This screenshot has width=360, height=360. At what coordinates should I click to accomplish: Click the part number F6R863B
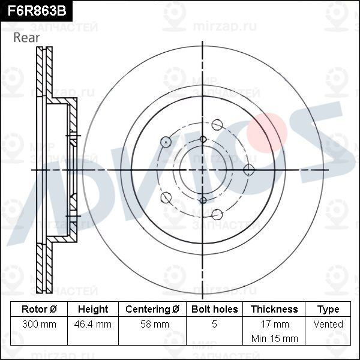pyautogui.click(x=37, y=11)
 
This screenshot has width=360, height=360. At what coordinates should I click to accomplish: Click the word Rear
pyautogui.click(x=26, y=38)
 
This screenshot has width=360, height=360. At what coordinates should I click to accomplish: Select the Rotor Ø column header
pyautogui.click(x=39, y=309)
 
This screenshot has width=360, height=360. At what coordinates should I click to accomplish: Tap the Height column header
pyautogui.click(x=93, y=309)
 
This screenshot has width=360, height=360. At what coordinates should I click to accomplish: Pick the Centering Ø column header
pyautogui.click(x=152, y=309)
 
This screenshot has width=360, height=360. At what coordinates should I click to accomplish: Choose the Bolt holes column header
pyautogui.click(x=214, y=309)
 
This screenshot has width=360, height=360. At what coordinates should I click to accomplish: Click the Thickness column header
pyautogui.click(x=274, y=309)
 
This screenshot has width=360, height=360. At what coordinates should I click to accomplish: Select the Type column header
pyautogui.click(x=328, y=310)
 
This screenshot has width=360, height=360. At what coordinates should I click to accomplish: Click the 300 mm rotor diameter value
pyautogui.click(x=39, y=324)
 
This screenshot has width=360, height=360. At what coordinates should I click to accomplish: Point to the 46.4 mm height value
pyautogui.click(x=93, y=324)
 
